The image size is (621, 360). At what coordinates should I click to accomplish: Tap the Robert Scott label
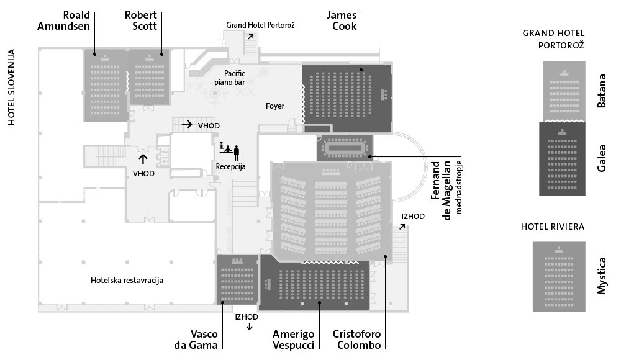[140, 20]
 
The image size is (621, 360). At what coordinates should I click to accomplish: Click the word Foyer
[275, 106]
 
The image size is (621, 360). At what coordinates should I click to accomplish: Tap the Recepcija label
[231, 166]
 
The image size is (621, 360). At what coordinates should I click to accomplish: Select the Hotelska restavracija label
[127, 281]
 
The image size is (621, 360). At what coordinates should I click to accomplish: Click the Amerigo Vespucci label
[293, 340]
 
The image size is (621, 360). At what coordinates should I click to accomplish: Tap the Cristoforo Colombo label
[356, 340]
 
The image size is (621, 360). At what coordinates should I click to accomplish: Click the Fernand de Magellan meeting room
[345, 148]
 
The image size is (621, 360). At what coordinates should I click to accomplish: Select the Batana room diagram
[564, 91]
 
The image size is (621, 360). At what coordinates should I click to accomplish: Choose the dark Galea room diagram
[564, 158]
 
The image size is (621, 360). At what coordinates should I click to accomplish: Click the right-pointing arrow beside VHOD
[186, 124]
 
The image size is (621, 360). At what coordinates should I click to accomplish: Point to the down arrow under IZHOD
[249, 327]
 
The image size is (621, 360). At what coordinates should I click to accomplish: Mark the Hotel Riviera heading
[553, 227]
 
